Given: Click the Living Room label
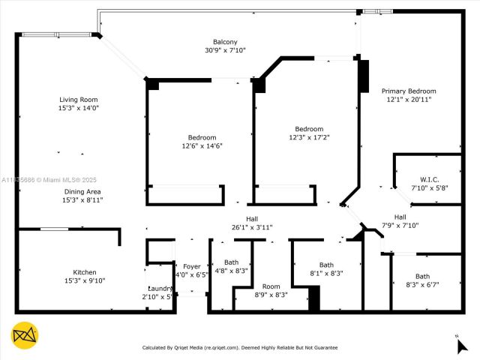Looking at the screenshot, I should click(x=79, y=100).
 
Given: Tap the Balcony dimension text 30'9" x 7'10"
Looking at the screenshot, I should click(x=225, y=50).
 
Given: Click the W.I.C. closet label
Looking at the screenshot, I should click(x=429, y=179).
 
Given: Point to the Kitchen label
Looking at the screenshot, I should click(x=84, y=272).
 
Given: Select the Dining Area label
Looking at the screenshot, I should click(x=82, y=191).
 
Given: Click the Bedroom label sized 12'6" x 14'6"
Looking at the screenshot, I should click(x=202, y=137).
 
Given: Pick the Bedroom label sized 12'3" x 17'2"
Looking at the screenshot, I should click(x=309, y=129).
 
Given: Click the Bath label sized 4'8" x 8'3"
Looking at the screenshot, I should click(x=231, y=262).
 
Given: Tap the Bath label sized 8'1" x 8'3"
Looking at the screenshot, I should click(x=326, y=265).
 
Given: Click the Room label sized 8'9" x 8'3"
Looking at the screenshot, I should click(x=271, y=286).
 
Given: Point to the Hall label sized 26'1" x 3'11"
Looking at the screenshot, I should click(x=251, y=218).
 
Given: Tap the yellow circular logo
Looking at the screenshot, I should click(x=25, y=335).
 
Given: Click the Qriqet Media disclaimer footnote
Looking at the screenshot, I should click(x=240, y=347).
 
